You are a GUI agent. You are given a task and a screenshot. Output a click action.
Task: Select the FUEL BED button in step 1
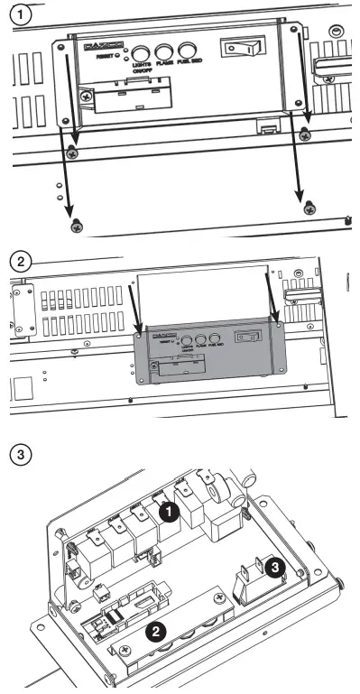click(187, 51)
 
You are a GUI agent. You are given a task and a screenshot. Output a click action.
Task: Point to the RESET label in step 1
click(110, 56)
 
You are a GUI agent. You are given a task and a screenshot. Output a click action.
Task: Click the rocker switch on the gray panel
click(245, 337)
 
